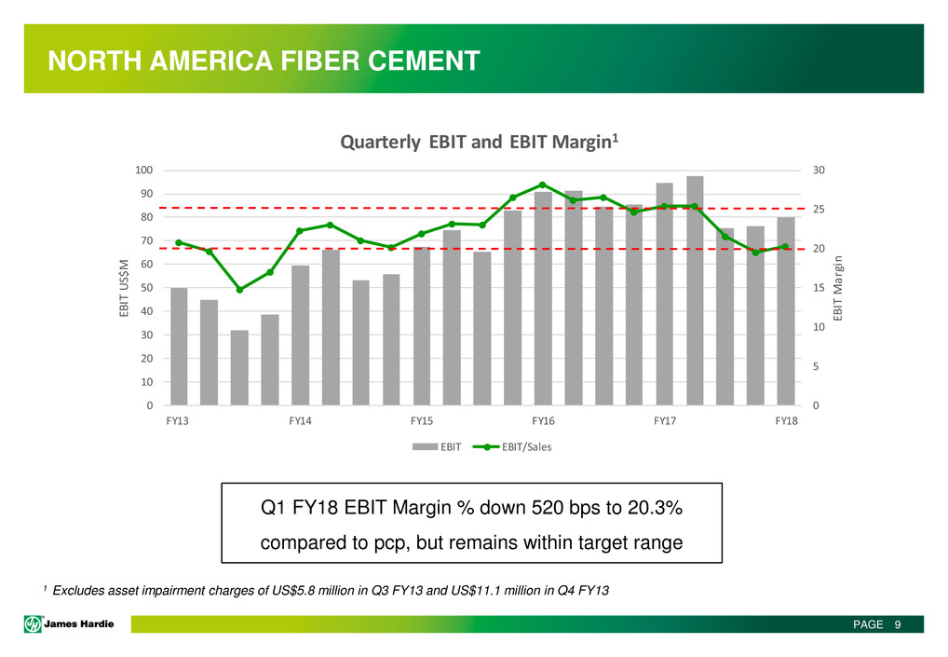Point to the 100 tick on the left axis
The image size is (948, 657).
point(143,171)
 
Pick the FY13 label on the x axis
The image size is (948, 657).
point(179,421)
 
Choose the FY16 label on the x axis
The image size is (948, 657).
point(543,421)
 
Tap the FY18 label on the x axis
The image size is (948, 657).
point(786,421)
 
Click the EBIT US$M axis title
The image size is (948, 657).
point(124,289)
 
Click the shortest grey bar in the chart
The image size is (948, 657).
point(239,367)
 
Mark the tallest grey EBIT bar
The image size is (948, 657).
point(695,290)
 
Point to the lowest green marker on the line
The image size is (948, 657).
point(239,290)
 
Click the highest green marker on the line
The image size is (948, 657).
point(543,185)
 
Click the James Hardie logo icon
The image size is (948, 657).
point(33,624)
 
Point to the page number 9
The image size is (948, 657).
point(897,624)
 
